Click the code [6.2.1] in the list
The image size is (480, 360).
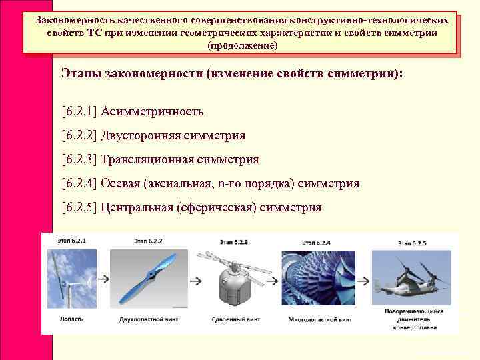coord(79,111)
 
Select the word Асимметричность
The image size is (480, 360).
coord(152,111)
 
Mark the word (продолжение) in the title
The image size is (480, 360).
coord(242,45)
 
